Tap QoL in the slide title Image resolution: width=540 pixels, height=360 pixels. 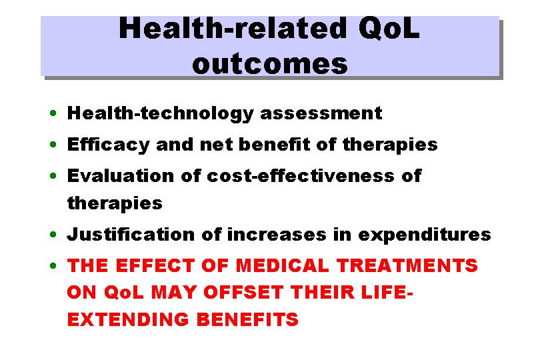coord(389,28)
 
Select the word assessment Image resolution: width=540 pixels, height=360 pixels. coord(321,113)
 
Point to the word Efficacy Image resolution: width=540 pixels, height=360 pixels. coord(108,145)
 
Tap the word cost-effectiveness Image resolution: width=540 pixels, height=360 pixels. coord(300,175)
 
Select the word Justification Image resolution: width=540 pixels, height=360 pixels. coord(131,234)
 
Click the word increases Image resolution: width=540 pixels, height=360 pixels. coord(277,235)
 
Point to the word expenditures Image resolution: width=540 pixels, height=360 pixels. coord(424,235)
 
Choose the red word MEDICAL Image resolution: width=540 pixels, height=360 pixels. coord(282,265)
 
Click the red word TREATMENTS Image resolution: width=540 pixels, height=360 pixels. coord(407,265)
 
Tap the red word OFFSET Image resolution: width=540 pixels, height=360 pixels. coord(243,293)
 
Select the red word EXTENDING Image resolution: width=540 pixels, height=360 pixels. coord(128,319)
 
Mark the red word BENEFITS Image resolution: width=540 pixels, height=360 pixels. coord(247,319)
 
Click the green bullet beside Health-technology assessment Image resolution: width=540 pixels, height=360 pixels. coord(53,113)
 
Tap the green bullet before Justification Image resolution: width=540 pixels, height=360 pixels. coord(53,235)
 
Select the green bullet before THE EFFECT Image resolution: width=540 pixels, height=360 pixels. coord(53,265)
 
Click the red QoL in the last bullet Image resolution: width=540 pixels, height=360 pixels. coord(123,293)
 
